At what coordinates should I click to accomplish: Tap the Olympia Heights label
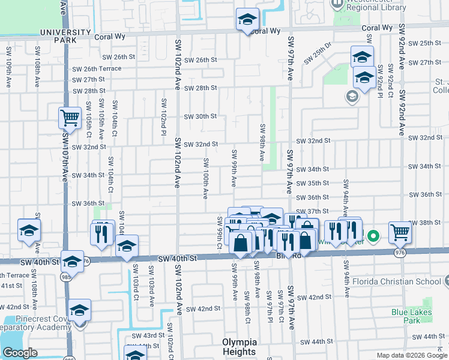click(239, 347)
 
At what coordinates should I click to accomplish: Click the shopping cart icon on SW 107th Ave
click(70, 118)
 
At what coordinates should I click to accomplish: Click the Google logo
click(20, 353)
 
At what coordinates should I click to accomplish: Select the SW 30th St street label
click(200, 116)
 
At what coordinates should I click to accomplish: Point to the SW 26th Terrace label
click(97, 68)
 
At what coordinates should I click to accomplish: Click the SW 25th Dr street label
click(318, 53)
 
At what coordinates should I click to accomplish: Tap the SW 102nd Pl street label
click(163, 108)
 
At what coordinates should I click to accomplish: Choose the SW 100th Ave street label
click(205, 178)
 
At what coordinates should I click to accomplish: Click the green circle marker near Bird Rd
click(373, 236)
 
